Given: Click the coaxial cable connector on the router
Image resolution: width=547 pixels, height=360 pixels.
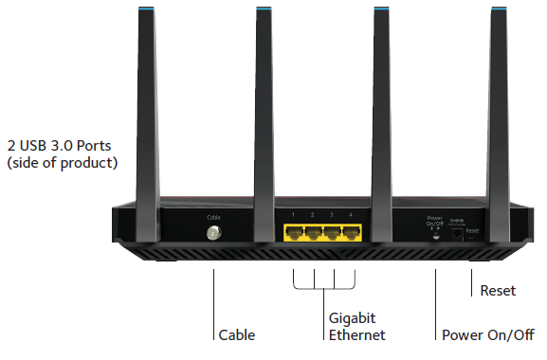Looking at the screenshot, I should [x=212, y=233].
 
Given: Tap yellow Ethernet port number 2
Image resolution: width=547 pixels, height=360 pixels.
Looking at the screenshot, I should [x=313, y=233].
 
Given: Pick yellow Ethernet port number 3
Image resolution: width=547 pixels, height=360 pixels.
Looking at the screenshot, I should [x=332, y=233].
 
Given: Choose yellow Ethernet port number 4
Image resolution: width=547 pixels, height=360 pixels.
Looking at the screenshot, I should [x=351, y=233].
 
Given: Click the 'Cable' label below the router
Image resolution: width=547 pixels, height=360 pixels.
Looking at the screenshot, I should [x=236, y=335].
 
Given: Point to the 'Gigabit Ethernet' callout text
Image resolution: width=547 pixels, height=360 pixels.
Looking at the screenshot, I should [x=356, y=327].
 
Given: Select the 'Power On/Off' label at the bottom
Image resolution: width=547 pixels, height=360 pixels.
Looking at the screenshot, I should [x=488, y=335].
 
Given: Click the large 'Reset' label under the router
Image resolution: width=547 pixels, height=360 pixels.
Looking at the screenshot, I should [x=498, y=291].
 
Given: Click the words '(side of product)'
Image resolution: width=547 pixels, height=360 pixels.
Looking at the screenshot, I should [x=62, y=163].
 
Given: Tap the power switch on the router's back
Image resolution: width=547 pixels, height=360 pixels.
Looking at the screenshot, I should [x=435, y=235].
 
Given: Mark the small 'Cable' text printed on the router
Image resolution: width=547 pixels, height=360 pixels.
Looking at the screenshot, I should [x=212, y=217].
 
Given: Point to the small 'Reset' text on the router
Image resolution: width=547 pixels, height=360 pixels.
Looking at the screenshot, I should [x=473, y=230].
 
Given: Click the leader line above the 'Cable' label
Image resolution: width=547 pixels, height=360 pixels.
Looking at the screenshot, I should [x=212, y=303].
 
